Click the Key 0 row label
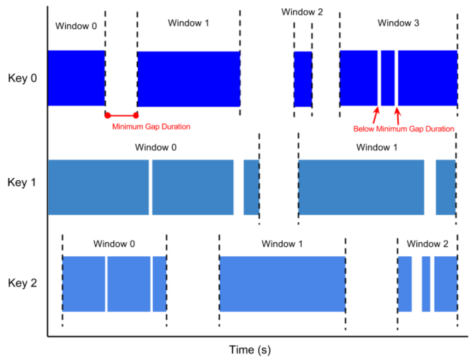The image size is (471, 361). (x=22, y=78)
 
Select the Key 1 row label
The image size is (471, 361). (x=22, y=182)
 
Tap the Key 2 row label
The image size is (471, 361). (x=22, y=283)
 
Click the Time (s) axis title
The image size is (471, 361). (x=250, y=350)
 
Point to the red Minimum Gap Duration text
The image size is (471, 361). (x=151, y=127)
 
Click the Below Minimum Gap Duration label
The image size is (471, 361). (x=404, y=129)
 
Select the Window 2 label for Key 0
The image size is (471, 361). (x=302, y=12)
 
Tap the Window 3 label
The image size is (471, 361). (x=398, y=23)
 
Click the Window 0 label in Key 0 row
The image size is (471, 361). (x=76, y=26)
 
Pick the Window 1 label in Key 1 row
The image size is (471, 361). (x=377, y=147)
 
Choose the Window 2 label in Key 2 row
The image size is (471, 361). (x=427, y=244)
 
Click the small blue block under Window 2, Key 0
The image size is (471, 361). (x=303, y=79)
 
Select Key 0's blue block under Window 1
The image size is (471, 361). (x=189, y=79)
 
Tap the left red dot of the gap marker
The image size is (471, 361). (x=108, y=115)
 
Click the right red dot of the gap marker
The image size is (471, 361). (x=136, y=115)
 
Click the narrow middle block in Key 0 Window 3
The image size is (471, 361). (x=388, y=78)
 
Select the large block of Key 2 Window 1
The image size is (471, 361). (x=282, y=284)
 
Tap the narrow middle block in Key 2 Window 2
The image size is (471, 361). (x=426, y=284)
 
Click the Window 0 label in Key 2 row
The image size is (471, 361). (x=114, y=244)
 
